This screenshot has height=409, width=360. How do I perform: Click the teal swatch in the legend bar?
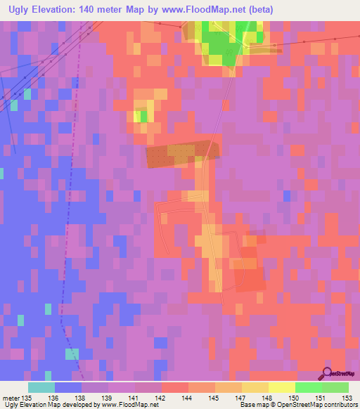(x=41, y=387)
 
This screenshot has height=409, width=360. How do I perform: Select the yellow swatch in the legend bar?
(x=281, y=387)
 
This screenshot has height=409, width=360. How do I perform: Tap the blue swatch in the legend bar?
(x=68, y=387)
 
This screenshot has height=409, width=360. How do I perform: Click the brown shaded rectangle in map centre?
(x=182, y=154)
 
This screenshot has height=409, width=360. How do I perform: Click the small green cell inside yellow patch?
(x=144, y=115)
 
